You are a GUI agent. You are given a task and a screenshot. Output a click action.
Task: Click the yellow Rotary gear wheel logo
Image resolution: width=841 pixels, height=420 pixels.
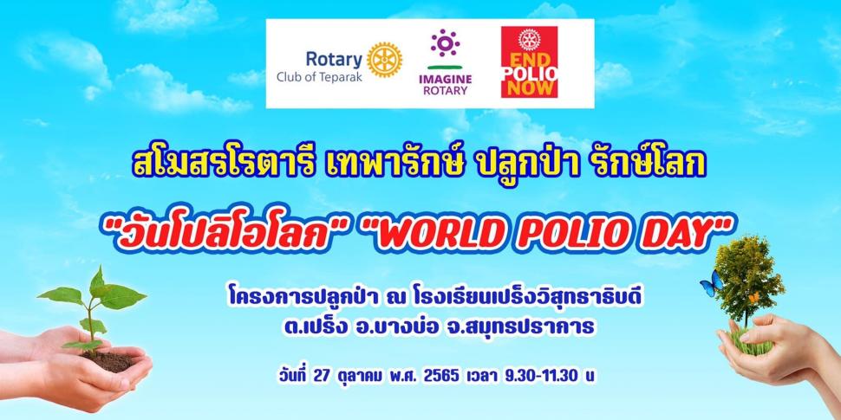pos(385,60)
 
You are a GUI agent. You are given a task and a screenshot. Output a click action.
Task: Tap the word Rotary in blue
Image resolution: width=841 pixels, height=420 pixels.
pos(334,60)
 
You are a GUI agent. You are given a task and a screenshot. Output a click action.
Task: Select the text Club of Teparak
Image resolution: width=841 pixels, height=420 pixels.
pos(319,76)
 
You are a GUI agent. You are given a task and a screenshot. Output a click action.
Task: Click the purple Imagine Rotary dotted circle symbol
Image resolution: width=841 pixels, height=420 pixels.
pos(445,42)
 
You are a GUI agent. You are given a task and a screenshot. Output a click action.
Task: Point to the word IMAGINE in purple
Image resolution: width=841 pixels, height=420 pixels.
pos(445,79)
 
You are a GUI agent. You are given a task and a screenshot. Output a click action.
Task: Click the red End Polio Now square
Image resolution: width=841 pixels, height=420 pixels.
pos(529,62)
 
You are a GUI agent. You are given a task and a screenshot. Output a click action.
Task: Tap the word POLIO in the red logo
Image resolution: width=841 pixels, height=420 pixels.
pos(530,73)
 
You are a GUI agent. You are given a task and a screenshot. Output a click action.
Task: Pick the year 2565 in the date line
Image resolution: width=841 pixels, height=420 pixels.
pos(441,376)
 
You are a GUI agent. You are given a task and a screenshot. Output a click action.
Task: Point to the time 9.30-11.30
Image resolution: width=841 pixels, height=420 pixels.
pos(541,376)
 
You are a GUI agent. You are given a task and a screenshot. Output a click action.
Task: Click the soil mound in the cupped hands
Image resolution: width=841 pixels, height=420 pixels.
pos(109,361)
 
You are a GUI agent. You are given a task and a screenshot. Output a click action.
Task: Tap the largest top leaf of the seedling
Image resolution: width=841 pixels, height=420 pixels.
pos(122,295)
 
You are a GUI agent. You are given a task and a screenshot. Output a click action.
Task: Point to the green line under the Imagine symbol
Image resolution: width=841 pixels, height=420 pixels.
pos(445,67)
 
